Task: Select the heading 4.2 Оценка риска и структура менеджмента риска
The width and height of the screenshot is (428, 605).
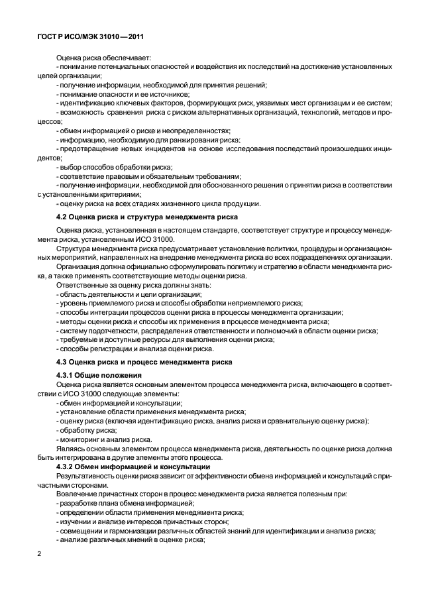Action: [x=146, y=217]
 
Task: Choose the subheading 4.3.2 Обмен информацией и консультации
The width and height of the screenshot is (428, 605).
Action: [x=133, y=468]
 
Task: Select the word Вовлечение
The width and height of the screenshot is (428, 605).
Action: [x=76, y=494]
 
